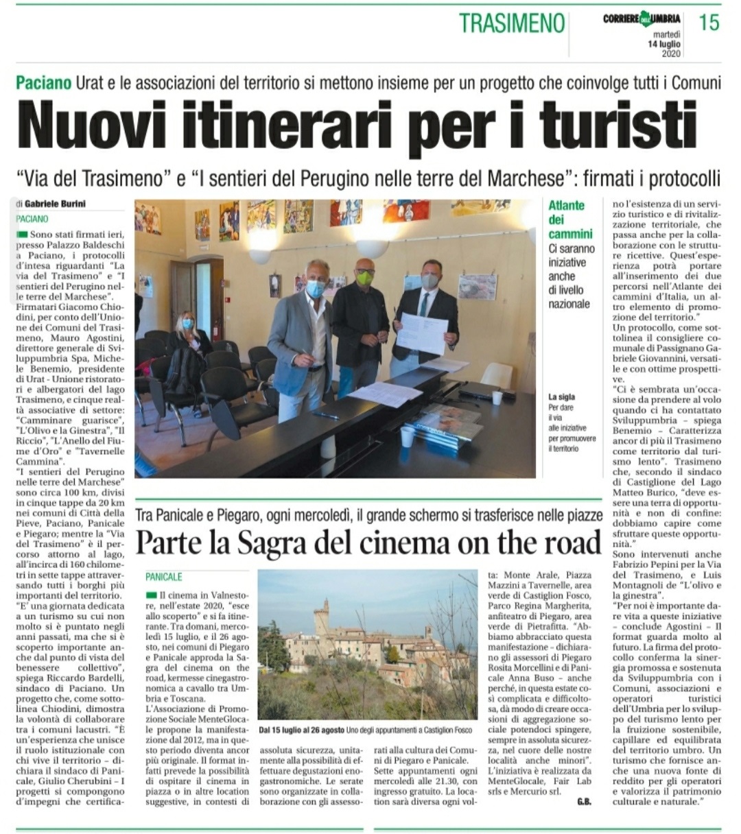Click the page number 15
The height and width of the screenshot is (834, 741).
(709, 22)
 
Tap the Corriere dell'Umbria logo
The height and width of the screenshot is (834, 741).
(642, 19)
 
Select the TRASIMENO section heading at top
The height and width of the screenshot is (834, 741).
(512, 23)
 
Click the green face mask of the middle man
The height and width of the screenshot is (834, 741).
(364, 277)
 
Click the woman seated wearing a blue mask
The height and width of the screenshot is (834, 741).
(187, 334)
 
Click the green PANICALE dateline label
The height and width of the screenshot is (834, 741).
(163, 577)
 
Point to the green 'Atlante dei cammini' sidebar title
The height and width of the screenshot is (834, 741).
(567, 219)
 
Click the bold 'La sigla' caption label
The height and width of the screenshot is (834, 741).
(561, 396)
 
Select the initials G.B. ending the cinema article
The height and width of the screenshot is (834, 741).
(584, 802)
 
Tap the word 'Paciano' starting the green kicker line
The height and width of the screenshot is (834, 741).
(44, 83)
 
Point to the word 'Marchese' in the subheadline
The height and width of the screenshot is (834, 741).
(526, 180)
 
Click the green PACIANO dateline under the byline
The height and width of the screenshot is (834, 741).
(32, 219)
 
